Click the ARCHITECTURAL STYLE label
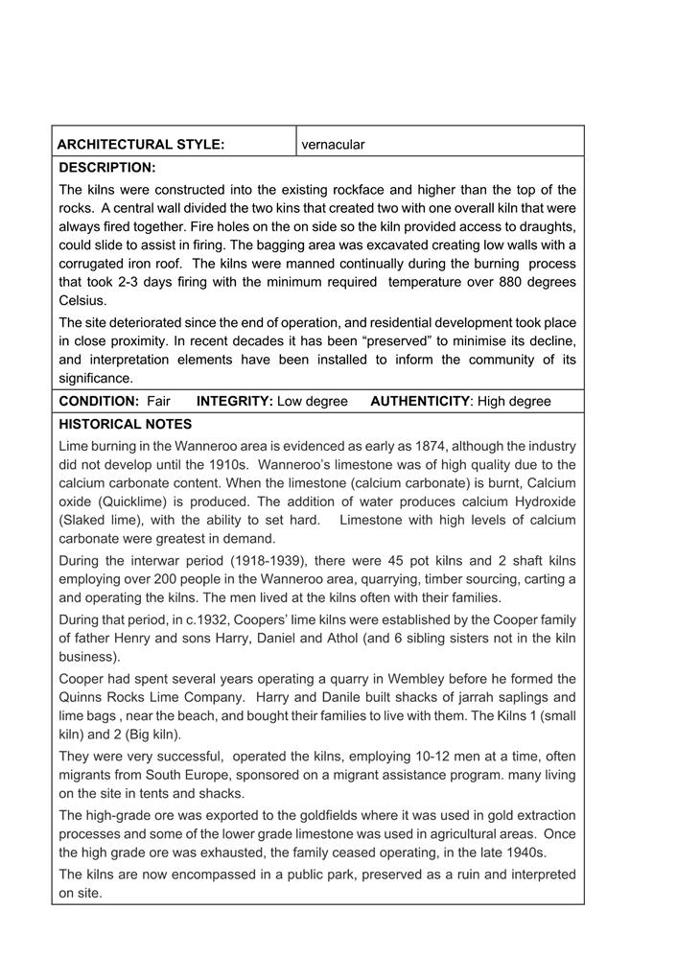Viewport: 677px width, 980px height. (x=141, y=145)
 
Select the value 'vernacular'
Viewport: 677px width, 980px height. (x=333, y=145)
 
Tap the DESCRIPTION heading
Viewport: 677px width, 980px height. (x=106, y=168)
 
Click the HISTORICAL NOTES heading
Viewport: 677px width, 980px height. (x=125, y=424)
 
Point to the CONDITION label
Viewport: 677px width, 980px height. (x=99, y=401)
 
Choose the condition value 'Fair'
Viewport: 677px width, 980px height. (x=158, y=401)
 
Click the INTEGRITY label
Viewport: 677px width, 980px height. (x=234, y=401)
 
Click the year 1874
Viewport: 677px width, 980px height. (x=412, y=446)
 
